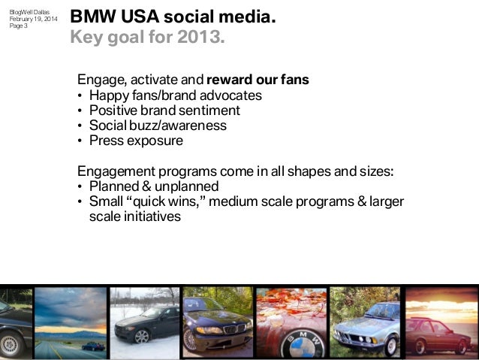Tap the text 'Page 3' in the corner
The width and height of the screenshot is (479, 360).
[18, 26]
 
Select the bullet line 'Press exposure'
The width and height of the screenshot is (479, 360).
[136, 140]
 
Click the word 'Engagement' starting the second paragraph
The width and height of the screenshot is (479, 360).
[113, 171]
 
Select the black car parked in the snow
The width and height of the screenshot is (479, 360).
[144, 324]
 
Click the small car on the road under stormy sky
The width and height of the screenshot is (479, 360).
[93, 345]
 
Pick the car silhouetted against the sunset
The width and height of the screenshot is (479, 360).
[440, 336]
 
